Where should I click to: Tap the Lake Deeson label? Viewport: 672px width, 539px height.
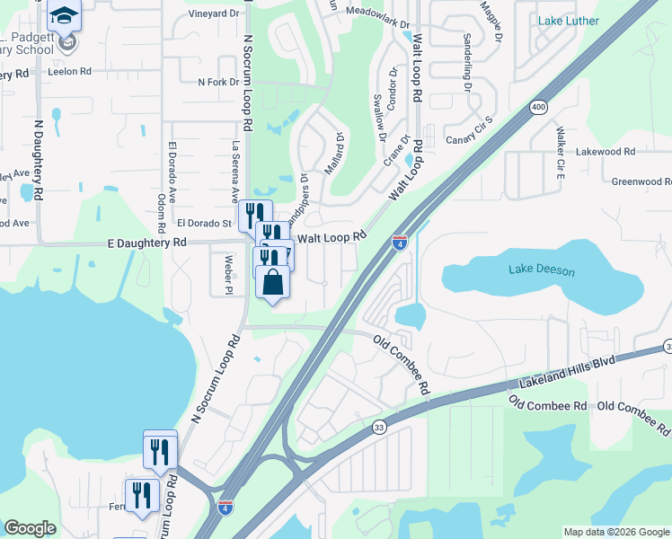[541, 269]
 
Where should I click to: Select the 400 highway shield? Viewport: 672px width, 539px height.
[538, 108]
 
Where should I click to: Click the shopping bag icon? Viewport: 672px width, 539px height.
[273, 282]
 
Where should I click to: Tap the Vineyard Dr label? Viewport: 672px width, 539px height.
[215, 14]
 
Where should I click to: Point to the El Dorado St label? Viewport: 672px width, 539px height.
[205, 223]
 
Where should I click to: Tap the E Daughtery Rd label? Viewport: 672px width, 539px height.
[146, 243]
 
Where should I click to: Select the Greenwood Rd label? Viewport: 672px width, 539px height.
[641, 181]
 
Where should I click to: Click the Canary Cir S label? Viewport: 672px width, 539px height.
[470, 131]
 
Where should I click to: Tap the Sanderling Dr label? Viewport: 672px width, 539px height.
[467, 62]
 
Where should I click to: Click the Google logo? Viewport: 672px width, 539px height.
[31, 528]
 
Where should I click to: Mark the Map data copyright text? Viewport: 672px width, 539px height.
[616, 532]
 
